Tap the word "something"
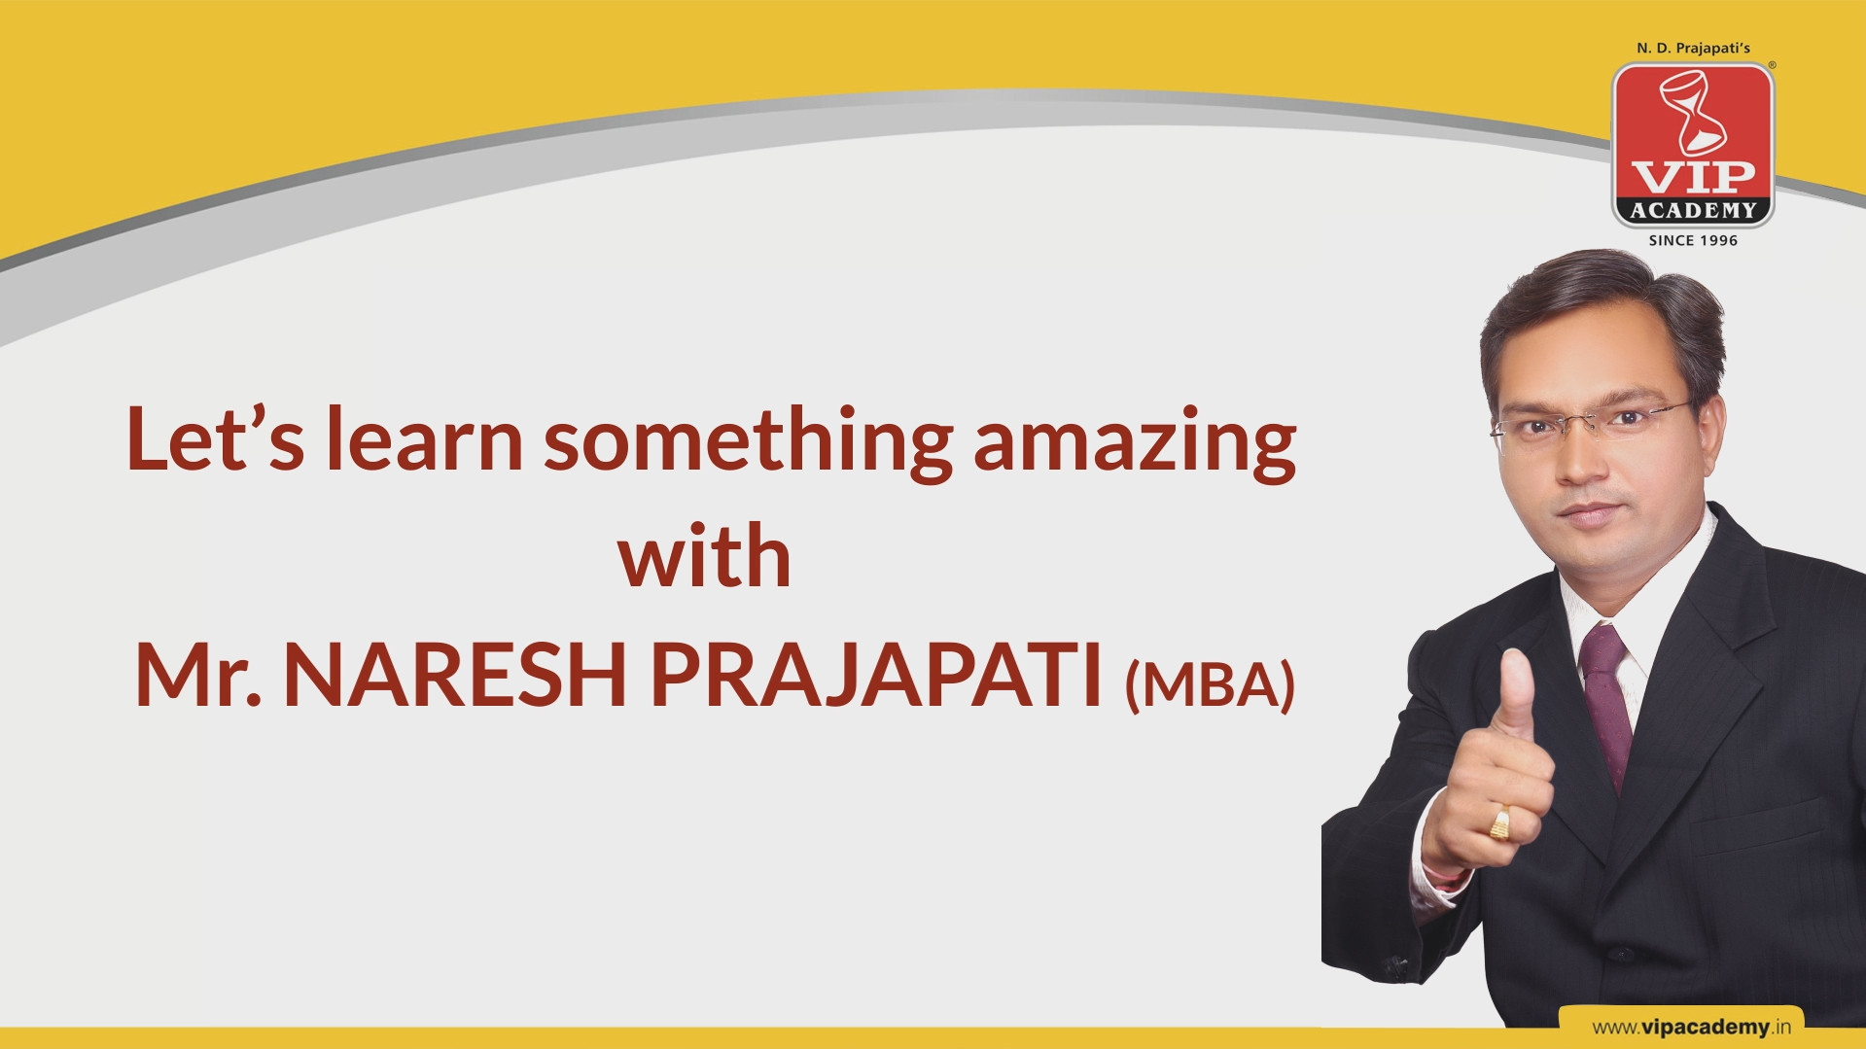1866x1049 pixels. [748, 443]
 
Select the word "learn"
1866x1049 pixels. [424, 438]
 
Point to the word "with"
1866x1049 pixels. [704, 555]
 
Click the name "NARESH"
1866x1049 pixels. [454, 674]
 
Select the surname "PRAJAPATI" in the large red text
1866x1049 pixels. [876, 674]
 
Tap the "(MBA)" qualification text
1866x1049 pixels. [1210, 684]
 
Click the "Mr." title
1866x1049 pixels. [197, 674]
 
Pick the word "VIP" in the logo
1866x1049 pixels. [1693, 177]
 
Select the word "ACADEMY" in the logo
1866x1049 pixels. [1693, 210]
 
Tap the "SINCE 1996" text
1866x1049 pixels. [1693, 240]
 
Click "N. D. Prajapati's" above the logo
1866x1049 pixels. [1693, 48]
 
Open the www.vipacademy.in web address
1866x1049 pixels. [1691, 1027]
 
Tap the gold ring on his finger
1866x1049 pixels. [1500, 822]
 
